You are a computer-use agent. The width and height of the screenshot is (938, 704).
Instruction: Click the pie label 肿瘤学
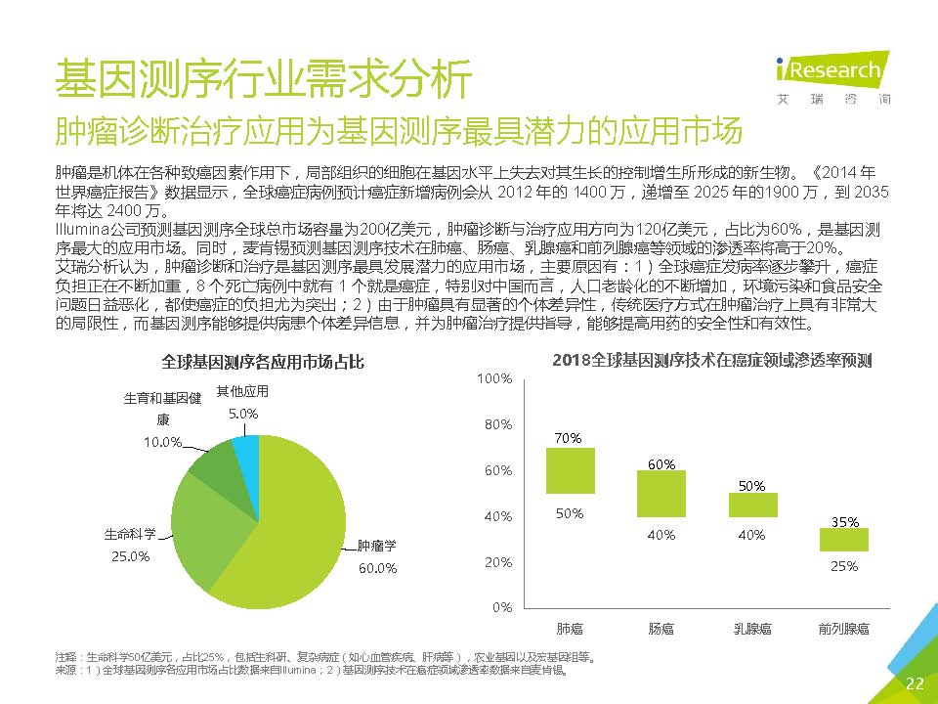(377, 546)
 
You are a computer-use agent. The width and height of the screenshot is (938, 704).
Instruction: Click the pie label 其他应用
(242, 391)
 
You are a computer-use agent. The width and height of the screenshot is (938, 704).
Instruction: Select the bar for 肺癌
(570, 470)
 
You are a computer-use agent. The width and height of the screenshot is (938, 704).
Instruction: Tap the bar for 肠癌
(661, 493)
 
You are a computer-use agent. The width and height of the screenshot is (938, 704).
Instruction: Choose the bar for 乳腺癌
(752, 505)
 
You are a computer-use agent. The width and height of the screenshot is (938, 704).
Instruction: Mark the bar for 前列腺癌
(843, 539)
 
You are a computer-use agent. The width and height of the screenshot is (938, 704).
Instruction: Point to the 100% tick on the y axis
(498, 377)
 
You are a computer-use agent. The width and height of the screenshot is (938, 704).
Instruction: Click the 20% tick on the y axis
(498, 562)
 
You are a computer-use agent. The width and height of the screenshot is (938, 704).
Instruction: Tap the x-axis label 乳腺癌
(752, 628)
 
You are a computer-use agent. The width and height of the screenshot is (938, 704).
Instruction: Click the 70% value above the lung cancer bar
(569, 438)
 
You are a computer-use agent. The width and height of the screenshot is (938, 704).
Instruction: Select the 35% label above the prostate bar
(844, 522)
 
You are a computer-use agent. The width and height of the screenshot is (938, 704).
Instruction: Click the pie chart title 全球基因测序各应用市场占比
(263, 362)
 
